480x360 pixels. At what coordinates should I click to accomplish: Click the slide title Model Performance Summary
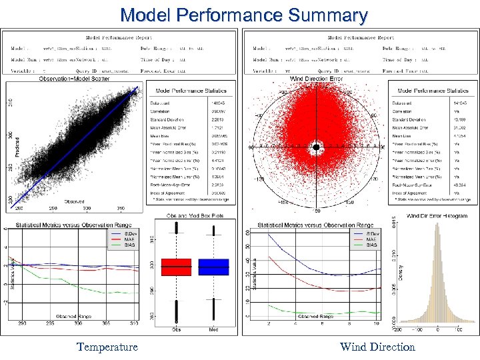pyautogui.click(x=244, y=15)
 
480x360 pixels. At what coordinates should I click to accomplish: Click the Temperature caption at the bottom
pyautogui.click(x=107, y=347)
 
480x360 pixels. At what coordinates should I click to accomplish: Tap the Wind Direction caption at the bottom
pyautogui.click(x=377, y=347)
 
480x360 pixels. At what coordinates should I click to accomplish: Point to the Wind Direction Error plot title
pyautogui.click(x=317, y=79)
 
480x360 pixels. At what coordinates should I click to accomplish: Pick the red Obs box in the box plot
pyautogui.click(x=176, y=267)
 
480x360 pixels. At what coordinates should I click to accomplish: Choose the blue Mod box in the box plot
pyautogui.click(x=213, y=267)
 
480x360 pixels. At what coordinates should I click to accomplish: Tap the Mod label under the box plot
pyautogui.click(x=213, y=329)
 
